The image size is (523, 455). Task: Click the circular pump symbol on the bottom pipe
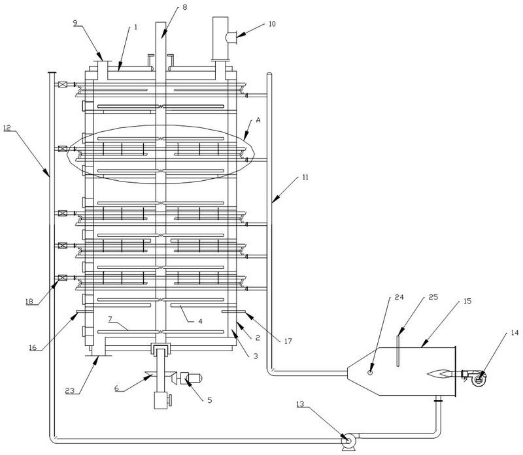point(348,442)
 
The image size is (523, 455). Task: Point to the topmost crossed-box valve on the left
point(63,85)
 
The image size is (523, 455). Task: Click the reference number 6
point(118,388)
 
